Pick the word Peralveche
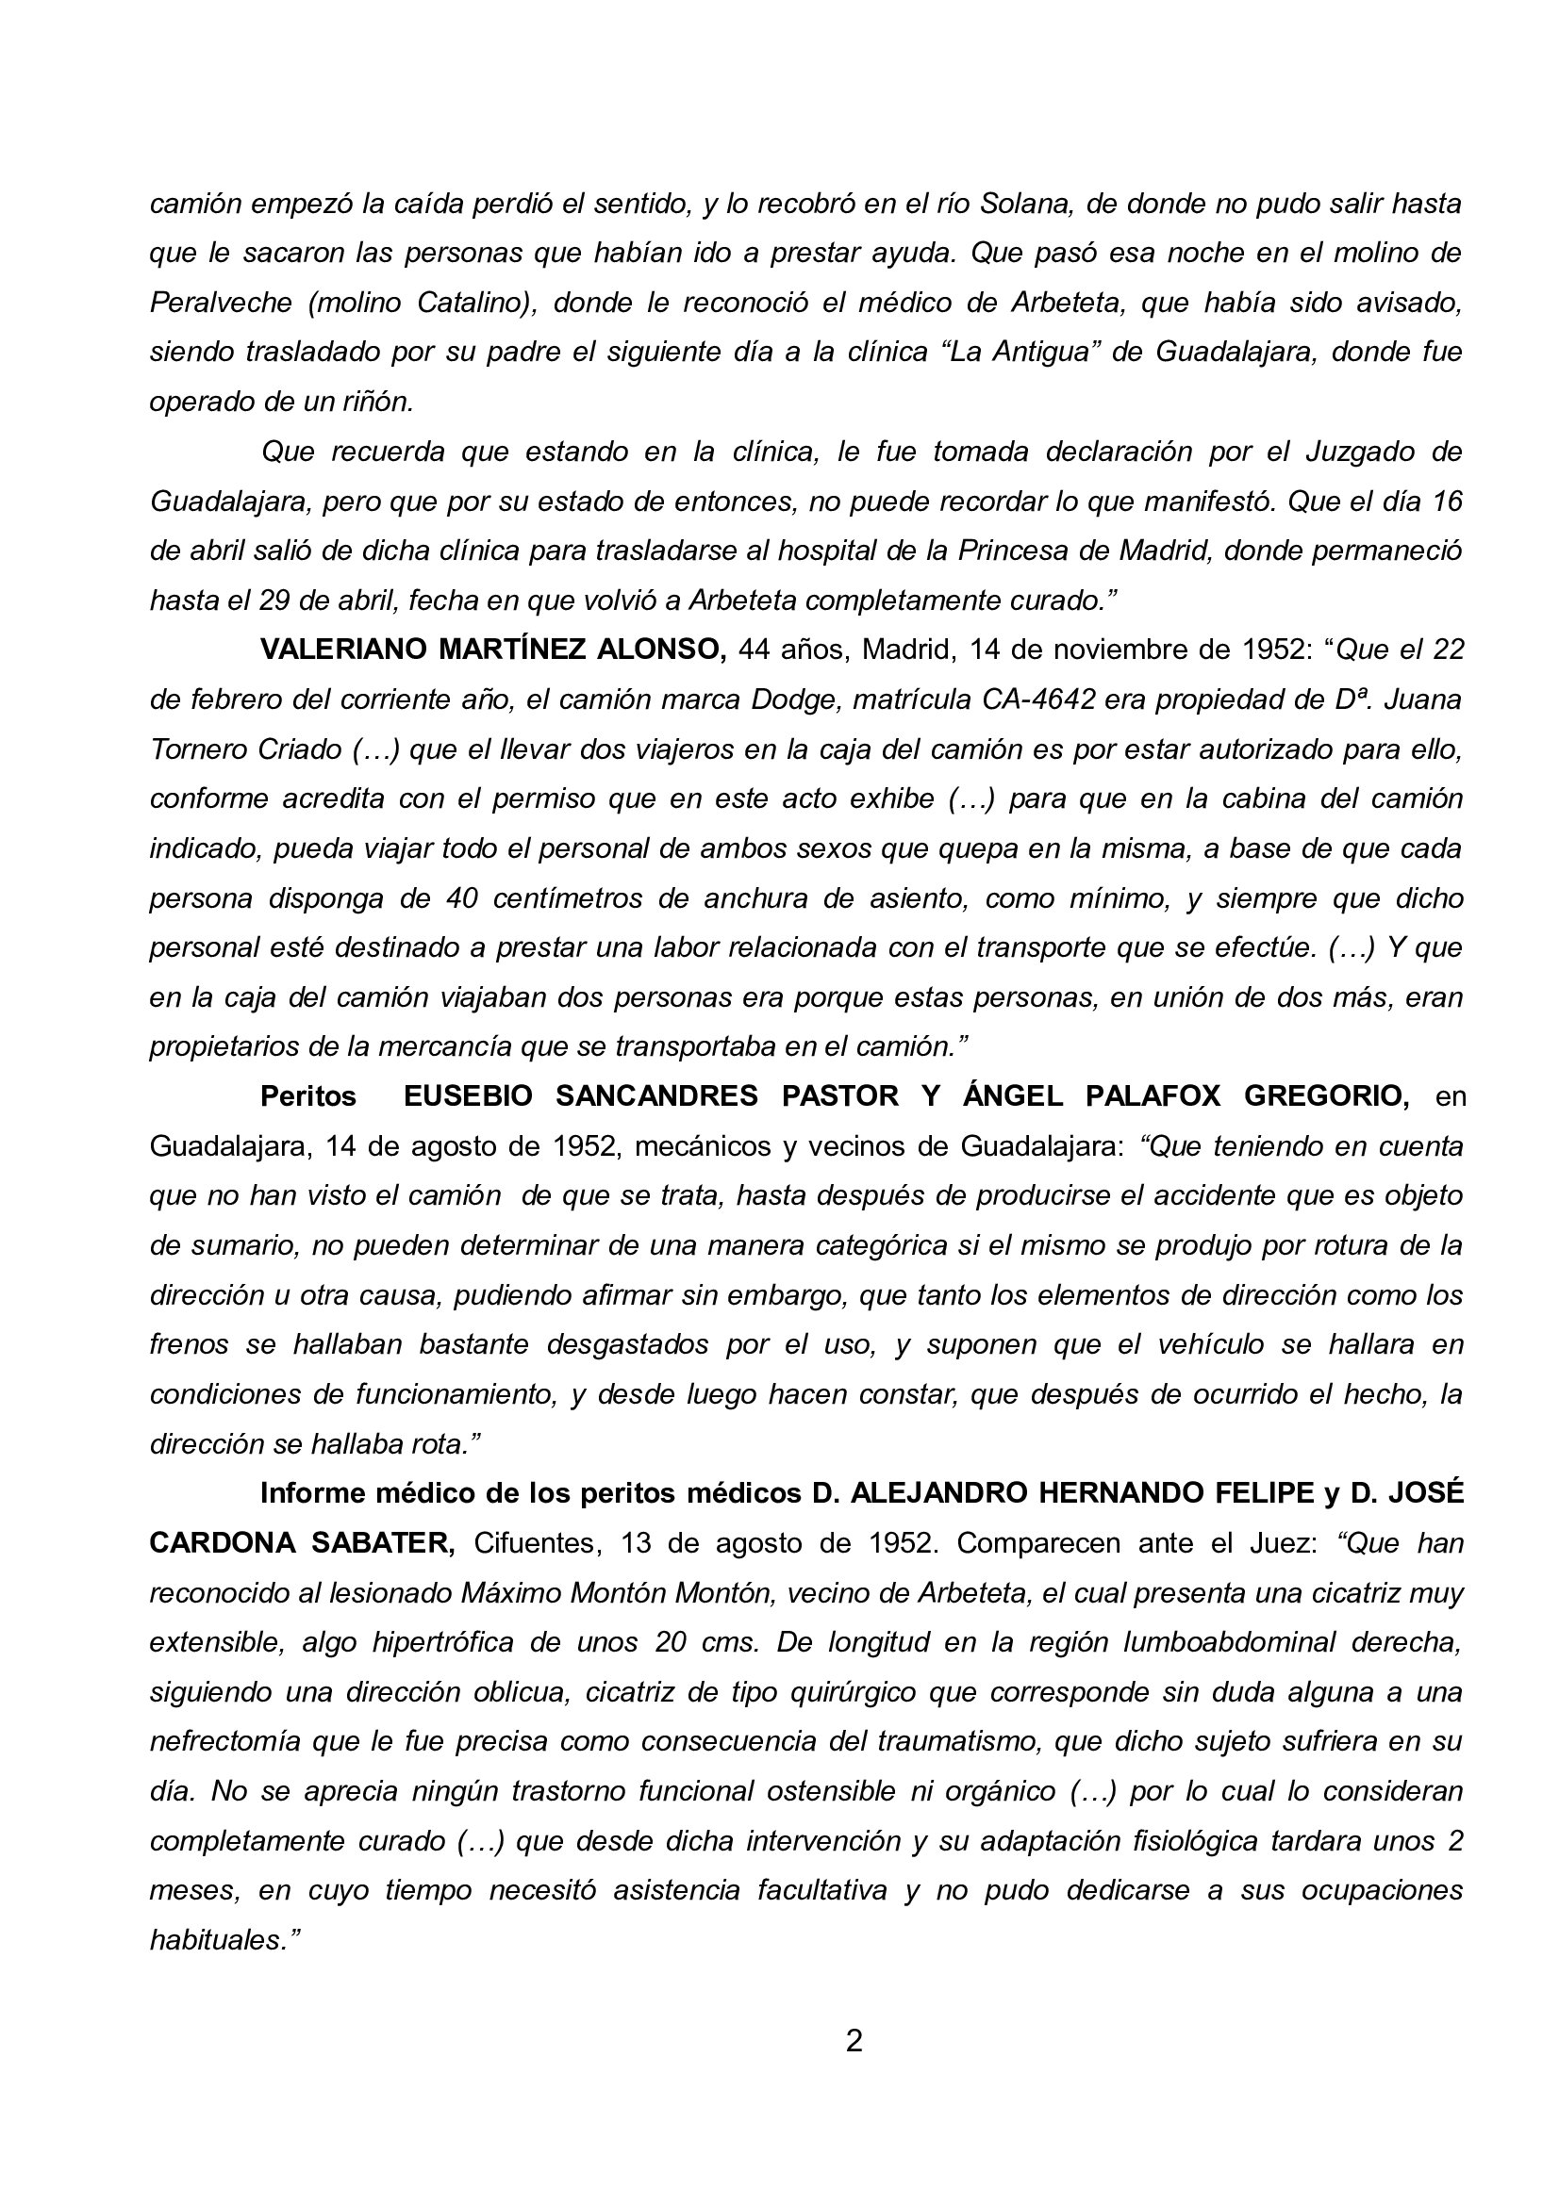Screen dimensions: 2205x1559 click(221, 303)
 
